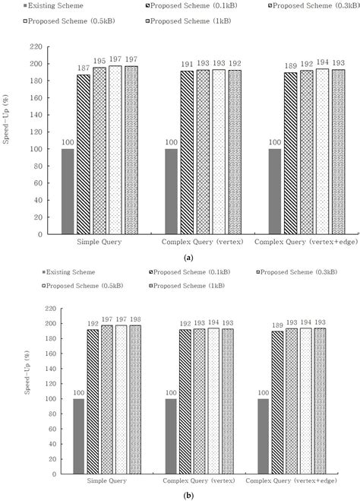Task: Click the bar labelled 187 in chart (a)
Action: click(x=84, y=154)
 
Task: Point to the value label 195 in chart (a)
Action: click(x=99, y=61)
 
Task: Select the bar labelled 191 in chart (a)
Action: click(x=187, y=152)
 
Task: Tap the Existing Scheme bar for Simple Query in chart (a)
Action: click(x=68, y=192)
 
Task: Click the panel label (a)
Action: click(x=188, y=258)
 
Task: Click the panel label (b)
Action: click(x=188, y=496)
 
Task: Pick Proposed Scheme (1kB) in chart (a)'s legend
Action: click(x=188, y=21)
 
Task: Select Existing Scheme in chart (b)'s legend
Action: click(x=68, y=272)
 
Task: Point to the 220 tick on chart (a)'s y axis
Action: click(x=36, y=47)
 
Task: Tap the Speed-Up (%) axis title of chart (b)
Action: click(x=28, y=373)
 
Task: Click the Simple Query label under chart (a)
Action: click(x=99, y=242)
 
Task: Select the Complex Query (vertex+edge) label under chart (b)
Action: click(x=292, y=480)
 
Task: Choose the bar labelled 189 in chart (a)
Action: click(x=290, y=154)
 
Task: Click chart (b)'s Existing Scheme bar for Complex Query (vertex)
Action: click(x=171, y=436)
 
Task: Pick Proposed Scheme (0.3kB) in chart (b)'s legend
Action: click(x=296, y=272)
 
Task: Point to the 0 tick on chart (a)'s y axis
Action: click(x=40, y=234)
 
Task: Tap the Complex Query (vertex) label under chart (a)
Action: click(x=202, y=242)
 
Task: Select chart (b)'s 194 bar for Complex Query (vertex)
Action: click(x=213, y=401)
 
